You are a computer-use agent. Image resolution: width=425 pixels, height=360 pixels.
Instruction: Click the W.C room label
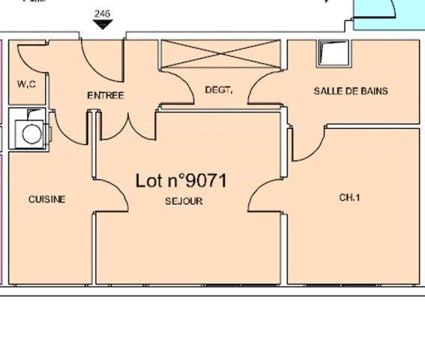(26, 85)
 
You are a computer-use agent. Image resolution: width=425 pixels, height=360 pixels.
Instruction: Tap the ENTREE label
(106, 95)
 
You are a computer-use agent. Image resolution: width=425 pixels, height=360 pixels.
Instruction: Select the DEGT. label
(218, 90)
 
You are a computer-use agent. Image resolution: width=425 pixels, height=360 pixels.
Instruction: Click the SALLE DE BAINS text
(351, 91)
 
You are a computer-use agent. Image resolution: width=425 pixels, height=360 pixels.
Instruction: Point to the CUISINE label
(46, 199)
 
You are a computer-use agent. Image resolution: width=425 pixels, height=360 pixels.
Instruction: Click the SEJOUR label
(184, 201)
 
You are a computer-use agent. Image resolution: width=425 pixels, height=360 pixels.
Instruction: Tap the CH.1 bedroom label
(350, 198)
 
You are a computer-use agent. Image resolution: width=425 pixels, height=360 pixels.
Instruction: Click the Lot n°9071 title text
(181, 181)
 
